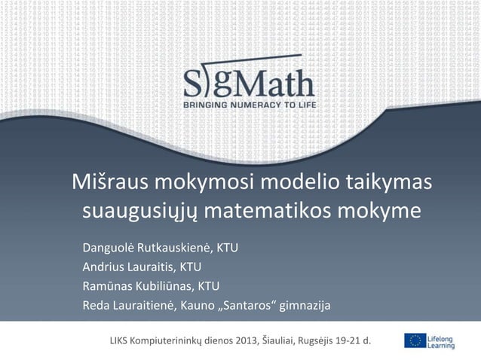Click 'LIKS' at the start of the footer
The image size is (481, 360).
coord(120,341)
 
